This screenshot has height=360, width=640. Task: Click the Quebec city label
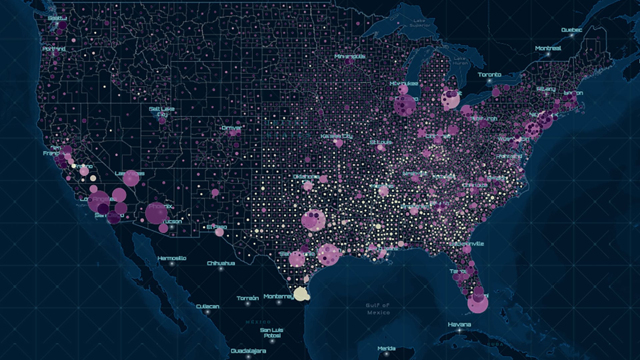tap(571, 30)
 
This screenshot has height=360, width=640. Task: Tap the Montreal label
tap(548, 48)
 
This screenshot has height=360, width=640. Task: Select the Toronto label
tap(489, 75)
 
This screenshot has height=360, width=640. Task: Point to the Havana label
tap(459, 324)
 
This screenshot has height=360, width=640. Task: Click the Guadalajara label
tap(248, 351)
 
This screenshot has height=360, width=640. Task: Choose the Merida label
tap(386, 348)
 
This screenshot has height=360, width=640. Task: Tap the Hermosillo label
tap(172, 258)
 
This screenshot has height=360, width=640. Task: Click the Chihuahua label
tap(221, 263)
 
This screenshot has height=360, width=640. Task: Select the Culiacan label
tap(207, 306)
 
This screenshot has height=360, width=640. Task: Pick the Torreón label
tap(248, 298)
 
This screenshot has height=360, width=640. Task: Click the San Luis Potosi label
tap(271, 333)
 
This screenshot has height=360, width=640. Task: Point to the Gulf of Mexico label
tap(378, 309)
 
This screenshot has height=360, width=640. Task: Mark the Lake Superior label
tap(419, 23)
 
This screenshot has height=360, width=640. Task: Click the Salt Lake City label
tap(162, 111)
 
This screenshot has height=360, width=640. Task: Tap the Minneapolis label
tap(350, 57)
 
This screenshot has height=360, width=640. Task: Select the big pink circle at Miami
tap(477, 303)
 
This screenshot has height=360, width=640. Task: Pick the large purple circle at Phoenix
tap(156, 213)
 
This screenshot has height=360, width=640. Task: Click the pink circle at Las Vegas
tap(131, 178)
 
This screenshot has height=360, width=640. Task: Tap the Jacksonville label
tap(466, 244)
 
